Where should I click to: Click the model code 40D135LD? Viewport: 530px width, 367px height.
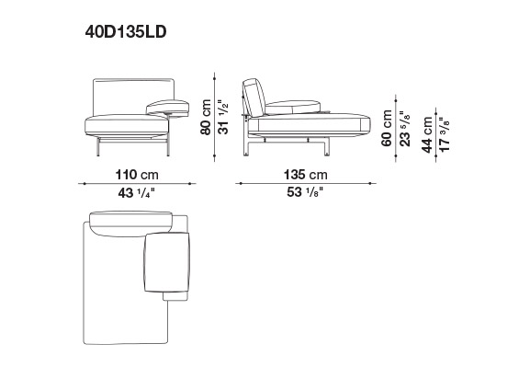(126, 32)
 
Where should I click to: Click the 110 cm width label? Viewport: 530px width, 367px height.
(137, 175)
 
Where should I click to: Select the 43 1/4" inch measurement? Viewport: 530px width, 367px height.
(136, 193)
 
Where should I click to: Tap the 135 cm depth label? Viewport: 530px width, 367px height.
(306, 175)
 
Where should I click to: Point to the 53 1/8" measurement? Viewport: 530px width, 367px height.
(305, 192)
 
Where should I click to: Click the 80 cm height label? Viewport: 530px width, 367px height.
(206, 117)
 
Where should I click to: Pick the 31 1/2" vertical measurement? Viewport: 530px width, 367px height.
(223, 117)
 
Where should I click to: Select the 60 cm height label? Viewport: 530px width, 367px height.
(387, 128)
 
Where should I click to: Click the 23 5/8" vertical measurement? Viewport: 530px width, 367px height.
(404, 129)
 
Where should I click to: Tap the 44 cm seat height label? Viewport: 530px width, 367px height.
(427, 134)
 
